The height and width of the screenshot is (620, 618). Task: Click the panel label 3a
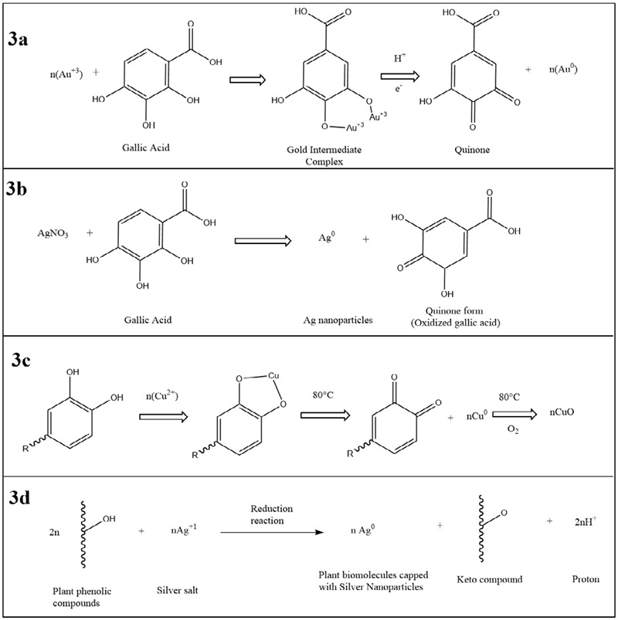coord(18,40)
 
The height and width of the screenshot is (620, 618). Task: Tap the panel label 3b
coord(17,189)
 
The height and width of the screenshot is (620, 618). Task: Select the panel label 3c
coord(21,361)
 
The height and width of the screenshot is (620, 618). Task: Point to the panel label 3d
coord(19,498)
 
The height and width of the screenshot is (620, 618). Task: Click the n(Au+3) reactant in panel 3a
coord(66,73)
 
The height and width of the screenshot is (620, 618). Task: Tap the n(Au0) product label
coord(563,69)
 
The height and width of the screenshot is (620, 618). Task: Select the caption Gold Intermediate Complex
coord(324,155)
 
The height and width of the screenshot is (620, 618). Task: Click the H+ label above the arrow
coord(400,58)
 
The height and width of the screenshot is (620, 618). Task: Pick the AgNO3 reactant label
coord(53,233)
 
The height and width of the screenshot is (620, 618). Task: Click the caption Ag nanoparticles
coord(338,320)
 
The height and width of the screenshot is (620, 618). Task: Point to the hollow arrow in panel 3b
coord(263,240)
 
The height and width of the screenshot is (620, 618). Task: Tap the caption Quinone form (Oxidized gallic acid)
coord(455,317)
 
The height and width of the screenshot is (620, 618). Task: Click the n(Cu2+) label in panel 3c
coord(162,395)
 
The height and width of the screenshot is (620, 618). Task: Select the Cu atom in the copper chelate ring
coord(273,375)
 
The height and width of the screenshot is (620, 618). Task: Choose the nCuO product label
coord(562,412)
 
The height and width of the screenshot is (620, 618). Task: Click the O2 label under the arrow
coord(512,430)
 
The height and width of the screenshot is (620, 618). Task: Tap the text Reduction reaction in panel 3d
coord(271,514)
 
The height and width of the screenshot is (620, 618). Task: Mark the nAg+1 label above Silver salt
coord(184,529)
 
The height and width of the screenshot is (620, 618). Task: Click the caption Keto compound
coord(490,579)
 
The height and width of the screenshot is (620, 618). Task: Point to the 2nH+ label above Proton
coord(585,521)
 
